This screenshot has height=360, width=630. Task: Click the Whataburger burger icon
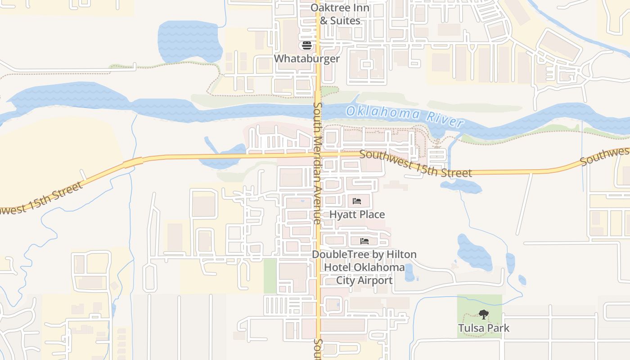[307, 45]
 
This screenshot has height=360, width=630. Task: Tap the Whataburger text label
[307, 59]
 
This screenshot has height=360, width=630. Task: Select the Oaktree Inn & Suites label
[340, 14]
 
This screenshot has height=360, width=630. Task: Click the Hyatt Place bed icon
[357, 201]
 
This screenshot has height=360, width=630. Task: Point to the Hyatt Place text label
[357, 215]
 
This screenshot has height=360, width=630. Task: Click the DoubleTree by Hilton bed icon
[364, 241]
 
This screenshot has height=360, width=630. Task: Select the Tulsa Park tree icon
[484, 315]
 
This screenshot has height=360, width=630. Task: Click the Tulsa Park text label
[484, 328]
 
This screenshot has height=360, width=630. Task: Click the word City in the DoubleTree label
[347, 280]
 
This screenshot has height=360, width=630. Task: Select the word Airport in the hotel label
[376, 280]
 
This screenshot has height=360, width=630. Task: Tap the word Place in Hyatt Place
[372, 215]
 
